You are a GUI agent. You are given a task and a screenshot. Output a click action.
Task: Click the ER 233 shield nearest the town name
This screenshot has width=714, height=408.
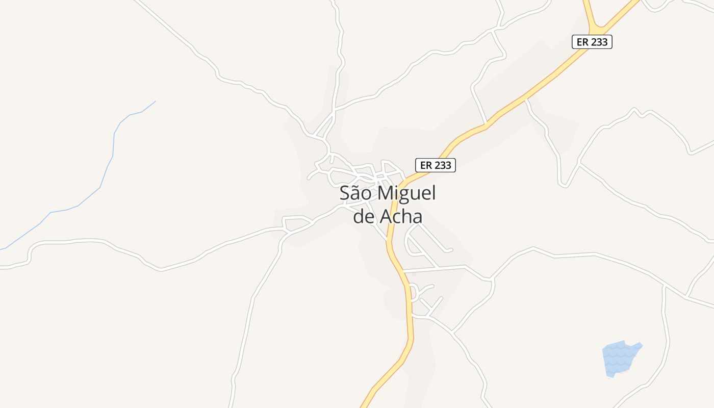click(x=436, y=165)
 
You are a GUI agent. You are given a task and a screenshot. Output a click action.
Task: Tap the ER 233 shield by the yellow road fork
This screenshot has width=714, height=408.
click(x=592, y=42)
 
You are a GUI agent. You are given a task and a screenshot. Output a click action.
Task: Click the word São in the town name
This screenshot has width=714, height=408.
click(x=356, y=194)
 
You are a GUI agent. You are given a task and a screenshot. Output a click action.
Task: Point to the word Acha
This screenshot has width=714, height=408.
click(x=401, y=217)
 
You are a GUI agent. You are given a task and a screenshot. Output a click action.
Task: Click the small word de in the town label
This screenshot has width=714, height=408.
click(x=364, y=217)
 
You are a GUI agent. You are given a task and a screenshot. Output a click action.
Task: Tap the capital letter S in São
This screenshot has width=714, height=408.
click(x=345, y=194)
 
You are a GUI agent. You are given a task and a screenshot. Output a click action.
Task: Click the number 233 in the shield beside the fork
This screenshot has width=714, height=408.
click(x=599, y=42)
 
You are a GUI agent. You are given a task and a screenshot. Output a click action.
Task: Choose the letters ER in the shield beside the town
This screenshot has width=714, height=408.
click(x=426, y=165)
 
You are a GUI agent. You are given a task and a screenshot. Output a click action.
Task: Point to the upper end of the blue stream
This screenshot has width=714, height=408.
click(x=155, y=101)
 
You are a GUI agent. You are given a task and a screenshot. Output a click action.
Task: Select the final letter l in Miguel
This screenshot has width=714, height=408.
click(x=434, y=193)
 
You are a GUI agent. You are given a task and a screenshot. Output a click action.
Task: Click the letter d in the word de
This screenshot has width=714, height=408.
click(x=359, y=217)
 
